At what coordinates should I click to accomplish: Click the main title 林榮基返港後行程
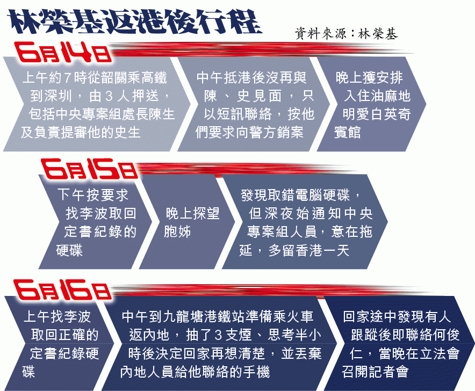point(134,22)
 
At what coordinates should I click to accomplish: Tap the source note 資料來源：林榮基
point(346,34)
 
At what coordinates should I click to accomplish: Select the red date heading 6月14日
point(63,53)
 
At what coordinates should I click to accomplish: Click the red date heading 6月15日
point(90,169)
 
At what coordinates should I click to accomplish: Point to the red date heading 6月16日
point(62,290)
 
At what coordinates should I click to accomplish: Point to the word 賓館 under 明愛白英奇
point(348,132)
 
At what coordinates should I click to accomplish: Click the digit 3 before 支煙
point(218,335)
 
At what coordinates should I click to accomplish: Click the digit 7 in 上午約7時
point(68,78)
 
